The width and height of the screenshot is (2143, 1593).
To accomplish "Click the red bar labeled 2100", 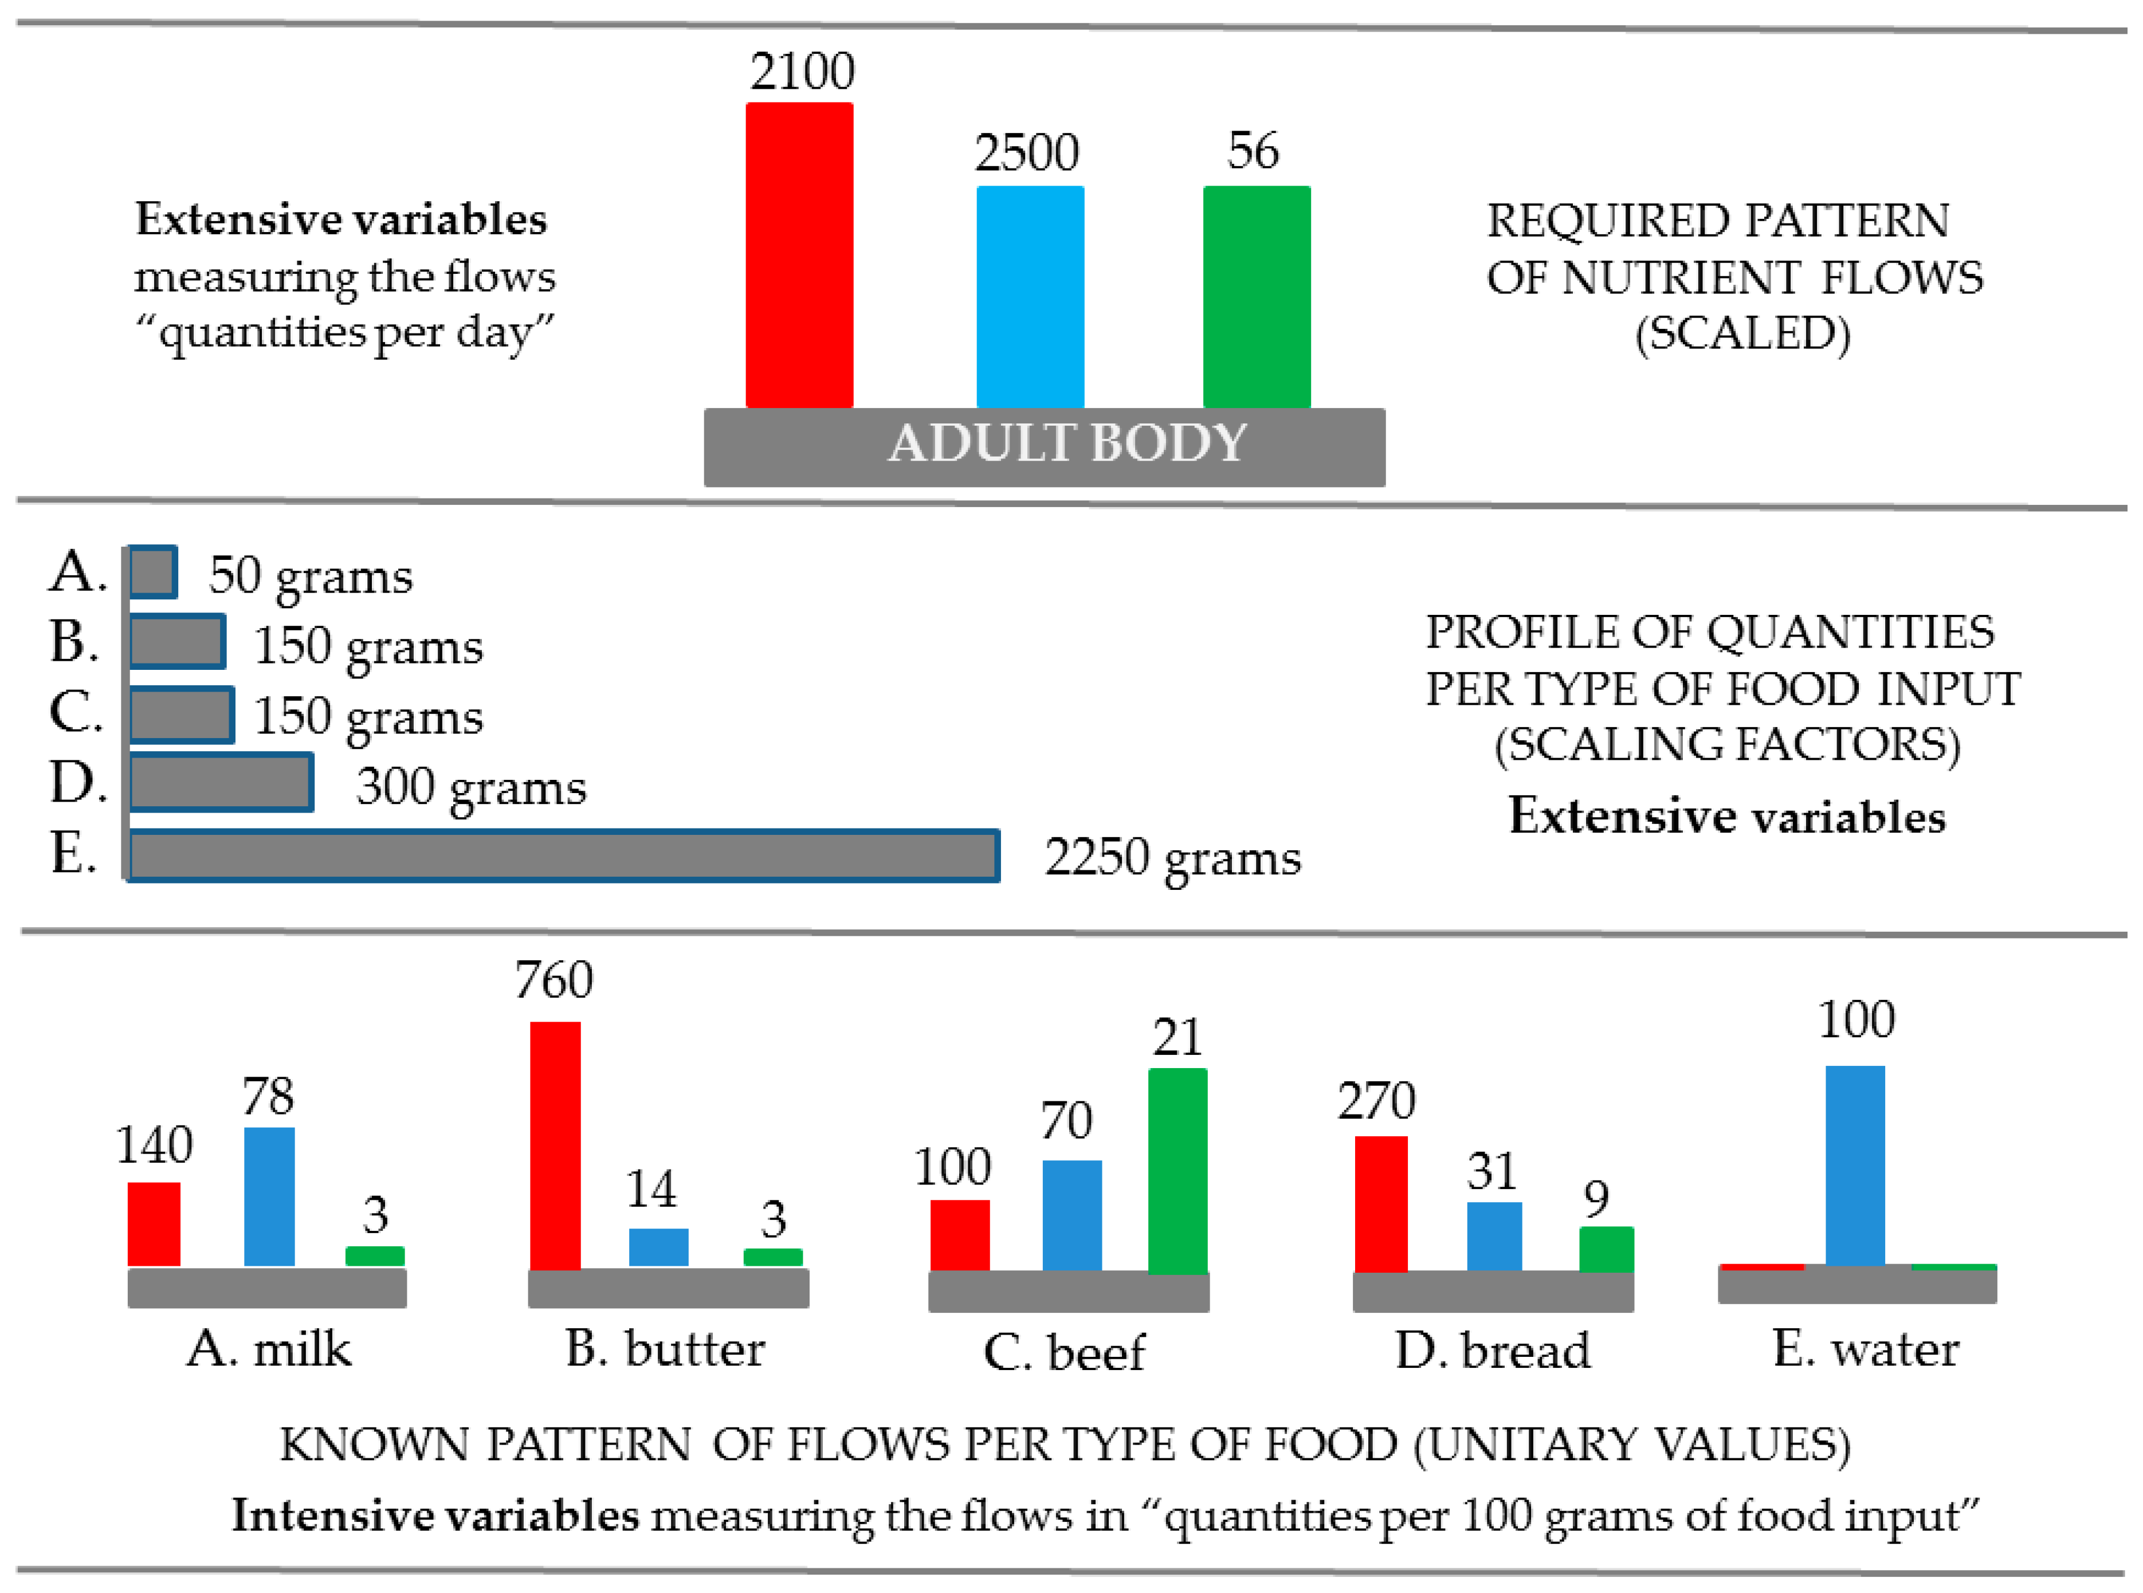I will (x=799, y=256).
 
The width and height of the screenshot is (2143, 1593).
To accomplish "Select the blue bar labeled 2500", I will (x=1030, y=297).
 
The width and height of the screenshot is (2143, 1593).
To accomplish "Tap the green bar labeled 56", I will (x=1256, y=297).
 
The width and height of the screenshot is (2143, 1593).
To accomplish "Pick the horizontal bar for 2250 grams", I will (x=563, y=856).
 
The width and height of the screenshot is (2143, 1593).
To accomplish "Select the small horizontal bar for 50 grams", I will (x=152, y=572).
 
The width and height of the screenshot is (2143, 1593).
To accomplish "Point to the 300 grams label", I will (x=470, y=787).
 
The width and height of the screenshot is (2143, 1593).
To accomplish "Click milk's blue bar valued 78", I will (x=269, y=1196).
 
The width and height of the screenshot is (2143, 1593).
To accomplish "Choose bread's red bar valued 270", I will (x=1380, y=1203).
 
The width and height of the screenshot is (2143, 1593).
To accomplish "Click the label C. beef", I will (x=1064, y=1352).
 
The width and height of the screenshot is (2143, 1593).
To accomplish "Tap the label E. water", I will (x=1865, y=1348).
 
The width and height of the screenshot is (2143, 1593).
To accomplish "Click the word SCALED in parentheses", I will (x=1742, y=333).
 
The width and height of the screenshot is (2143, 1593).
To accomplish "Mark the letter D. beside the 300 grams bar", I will (x=77, y=782).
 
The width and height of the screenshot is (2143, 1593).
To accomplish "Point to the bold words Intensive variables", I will (x=435, y=1515).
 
